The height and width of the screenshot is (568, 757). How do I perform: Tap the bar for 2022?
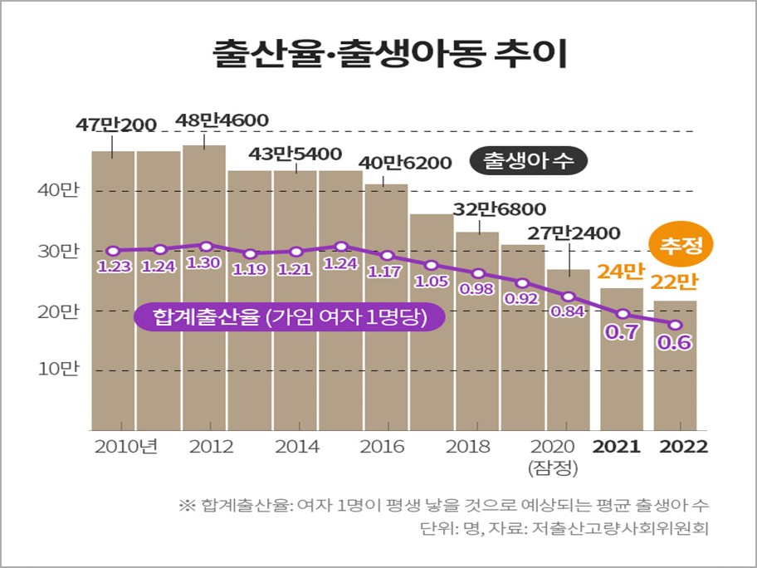[675, 365]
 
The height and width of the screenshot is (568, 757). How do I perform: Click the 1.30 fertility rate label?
[204, 264]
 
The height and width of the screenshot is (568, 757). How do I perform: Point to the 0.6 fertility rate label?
[675, 341]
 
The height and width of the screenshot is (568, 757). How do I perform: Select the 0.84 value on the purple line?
[569, 312]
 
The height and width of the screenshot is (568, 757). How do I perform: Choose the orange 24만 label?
[622, 271]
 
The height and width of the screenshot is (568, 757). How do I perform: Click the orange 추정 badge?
[681, 244]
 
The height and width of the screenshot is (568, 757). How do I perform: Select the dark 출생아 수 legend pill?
[529, 162]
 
